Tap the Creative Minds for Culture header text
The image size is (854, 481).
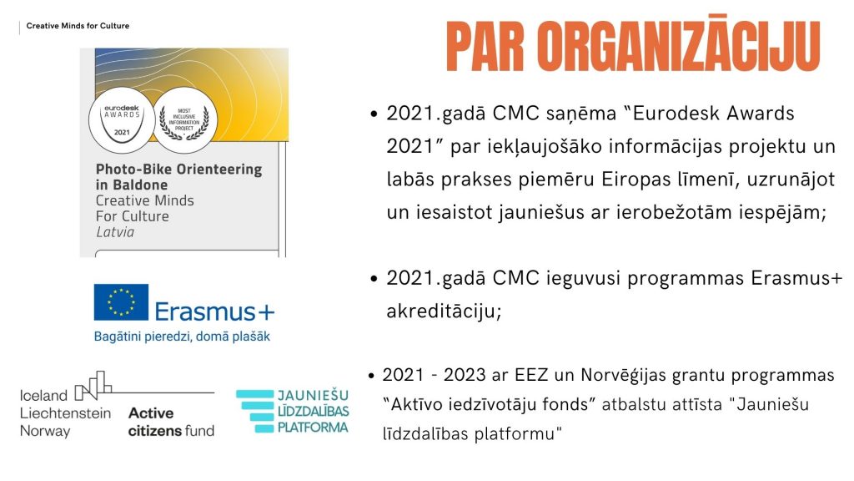click(78, 26)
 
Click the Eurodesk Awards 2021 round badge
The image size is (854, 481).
click(122, 120)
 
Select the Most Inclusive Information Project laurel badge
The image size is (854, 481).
click(184, 119)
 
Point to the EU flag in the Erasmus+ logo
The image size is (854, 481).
click(121, 302)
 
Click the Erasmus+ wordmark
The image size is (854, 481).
click(214, 312)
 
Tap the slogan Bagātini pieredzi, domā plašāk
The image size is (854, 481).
click(182, 337)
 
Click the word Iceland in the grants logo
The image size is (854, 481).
click(43, 395)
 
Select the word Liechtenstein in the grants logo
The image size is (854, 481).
click(65, 413)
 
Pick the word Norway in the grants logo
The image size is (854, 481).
click(45, 432)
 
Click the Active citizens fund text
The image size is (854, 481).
click(171, 422)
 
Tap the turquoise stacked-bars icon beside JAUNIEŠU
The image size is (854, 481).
click(255, 411)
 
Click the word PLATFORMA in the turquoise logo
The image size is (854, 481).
click(313, 427)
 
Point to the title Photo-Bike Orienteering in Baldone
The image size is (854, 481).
click(178, 177)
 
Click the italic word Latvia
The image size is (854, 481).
click(115, 232)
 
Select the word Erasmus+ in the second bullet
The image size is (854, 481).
click(796, 278)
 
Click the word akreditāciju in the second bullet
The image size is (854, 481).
click(444, 311)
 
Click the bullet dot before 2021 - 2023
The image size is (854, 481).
click(371, 376)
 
